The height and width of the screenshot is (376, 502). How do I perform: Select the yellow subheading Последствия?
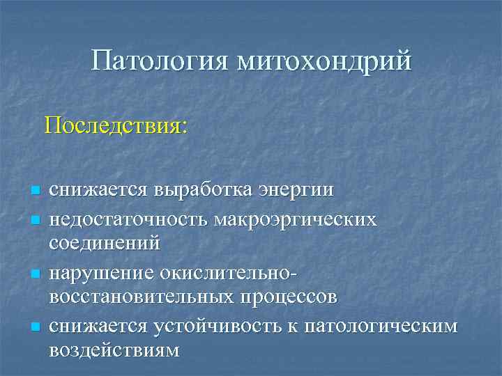click(116, 125)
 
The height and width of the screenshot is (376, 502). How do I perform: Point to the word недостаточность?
click(129, 220)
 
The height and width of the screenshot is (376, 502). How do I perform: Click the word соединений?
click(105, 244)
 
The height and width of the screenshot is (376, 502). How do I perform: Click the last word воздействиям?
click(114, 350)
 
